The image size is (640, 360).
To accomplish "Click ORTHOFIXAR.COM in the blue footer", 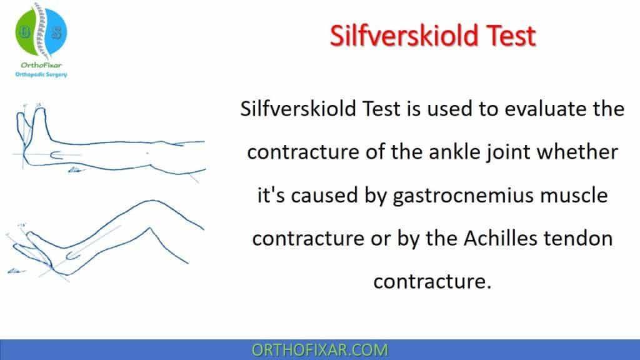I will tap(320, 349).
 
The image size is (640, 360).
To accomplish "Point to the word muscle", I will tap(571, 196).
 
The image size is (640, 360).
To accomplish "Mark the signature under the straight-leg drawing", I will tap(76, 169).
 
